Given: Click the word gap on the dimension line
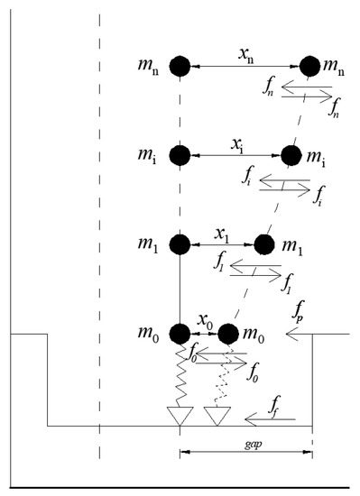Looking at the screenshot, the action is [x=254, y=445].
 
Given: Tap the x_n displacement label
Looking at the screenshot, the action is [x=245, y=56].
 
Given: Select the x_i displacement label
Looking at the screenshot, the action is [x=237, y=145].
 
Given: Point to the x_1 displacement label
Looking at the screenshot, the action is [x=221, y=234].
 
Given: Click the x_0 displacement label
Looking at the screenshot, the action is [x=206, y=321].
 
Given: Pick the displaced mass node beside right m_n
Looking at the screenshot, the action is [x=309, y=67].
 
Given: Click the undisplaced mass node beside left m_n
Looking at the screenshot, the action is [x=180, y=67].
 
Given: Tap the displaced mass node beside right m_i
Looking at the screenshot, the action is [x=291, y=156].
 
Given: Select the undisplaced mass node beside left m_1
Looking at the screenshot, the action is [x=180, y=244].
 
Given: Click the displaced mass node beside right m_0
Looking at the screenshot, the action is [x=228, y=334].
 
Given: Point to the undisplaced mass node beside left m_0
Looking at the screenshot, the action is [x=180, y=334].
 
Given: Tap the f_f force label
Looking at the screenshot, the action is [x=274, y=407].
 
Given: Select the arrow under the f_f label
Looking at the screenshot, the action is [x=270, y=419].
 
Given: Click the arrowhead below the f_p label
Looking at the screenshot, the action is [x=291, y=334].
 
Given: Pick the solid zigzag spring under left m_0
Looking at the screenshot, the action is [x=180, y=375].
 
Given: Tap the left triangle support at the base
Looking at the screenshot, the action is [x=180, y=416].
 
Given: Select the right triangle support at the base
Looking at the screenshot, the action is [x=217, y=416].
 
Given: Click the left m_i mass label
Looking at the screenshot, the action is [x=147, y=156].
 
